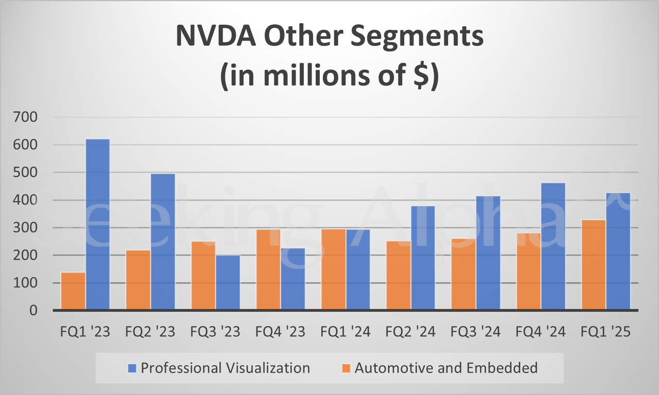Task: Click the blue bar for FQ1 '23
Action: point(98,225)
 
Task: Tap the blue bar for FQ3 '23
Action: point(228,282)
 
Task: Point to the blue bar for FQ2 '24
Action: point(423,258)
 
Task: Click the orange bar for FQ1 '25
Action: point(594,265)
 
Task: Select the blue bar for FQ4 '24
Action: point(553,246)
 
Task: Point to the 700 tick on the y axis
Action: point(26,117)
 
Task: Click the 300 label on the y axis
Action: point(26,228)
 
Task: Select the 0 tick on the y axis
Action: point(33,311)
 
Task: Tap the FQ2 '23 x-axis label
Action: point(150,332)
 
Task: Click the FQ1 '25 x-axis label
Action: point(605,332)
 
